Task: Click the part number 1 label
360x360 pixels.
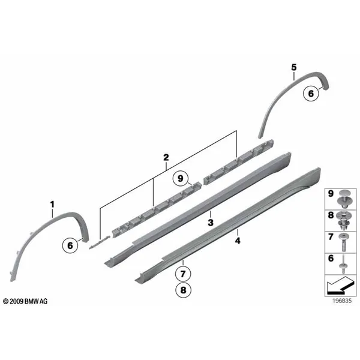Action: [x=52, y=205]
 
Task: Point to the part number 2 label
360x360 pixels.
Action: [x=166, y=157]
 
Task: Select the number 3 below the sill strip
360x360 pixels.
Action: [x=211, y=222]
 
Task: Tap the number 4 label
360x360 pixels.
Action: [x=238, y=241]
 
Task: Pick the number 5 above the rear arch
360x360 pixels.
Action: [x=294, y=67]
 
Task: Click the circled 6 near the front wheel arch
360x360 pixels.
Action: [x=70, y=245]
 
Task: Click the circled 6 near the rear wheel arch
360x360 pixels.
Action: [x=311, y=93]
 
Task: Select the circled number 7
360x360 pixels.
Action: [x=183, y=274]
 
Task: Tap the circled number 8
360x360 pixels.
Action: [x=183, y=290]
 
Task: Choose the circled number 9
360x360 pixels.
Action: [x=181, y=178]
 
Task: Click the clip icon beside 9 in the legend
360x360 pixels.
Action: [x=344, y=199]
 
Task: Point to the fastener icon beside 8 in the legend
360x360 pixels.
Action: [x=344, y=221]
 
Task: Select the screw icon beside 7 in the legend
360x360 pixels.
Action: [x=344, y=242]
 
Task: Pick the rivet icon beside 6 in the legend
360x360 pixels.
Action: [x=344, y=265]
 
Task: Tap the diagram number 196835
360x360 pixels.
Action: [x=342, y=301]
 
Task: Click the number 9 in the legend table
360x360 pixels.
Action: [x=331, y=193]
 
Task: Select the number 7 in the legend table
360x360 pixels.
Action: [x=331, y=237]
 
